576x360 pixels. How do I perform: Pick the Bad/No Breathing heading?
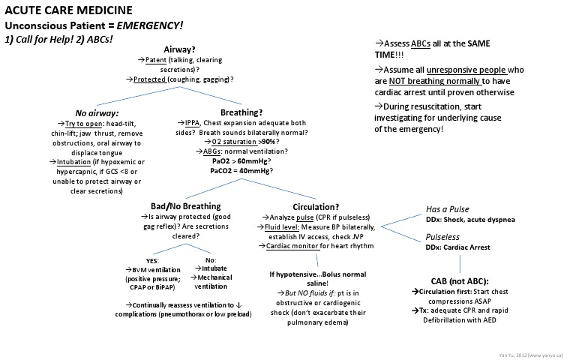[185, 206]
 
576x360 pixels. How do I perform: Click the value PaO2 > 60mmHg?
[241, 160]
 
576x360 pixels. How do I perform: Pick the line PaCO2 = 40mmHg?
[241, 171]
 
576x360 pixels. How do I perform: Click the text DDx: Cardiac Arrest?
[458, 246]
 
